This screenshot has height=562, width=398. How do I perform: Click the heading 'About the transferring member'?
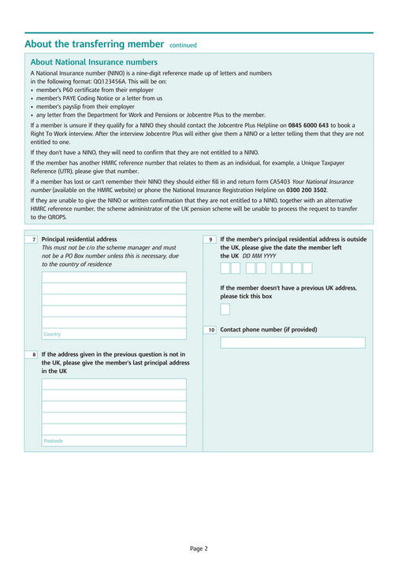[94, 44]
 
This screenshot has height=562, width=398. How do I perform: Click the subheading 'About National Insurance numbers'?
[94, 62]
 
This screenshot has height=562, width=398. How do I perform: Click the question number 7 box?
[33, 239]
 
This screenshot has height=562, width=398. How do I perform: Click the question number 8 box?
[33, 355]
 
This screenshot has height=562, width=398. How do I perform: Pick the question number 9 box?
[210, 239]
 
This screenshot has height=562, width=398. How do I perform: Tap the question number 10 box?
[210, 330]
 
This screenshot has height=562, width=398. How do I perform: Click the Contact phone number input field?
[292, 342]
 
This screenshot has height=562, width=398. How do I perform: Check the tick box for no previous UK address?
[225, 309]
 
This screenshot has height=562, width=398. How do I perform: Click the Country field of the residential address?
[114, 334]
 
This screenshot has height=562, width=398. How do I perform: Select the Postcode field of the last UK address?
[114, 441]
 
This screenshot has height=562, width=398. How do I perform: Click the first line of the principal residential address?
[114, 277]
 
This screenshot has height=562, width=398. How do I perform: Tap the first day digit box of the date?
[225, 268]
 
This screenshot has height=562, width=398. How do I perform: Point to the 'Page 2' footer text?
[199, 548]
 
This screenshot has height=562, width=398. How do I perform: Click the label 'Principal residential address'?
[79, 239]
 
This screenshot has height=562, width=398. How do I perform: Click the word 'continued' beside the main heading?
[183, 46]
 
